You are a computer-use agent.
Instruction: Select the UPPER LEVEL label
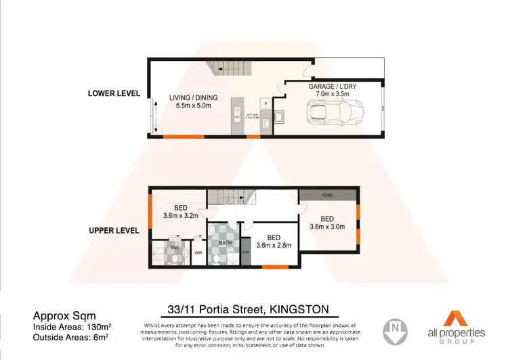[114, 231]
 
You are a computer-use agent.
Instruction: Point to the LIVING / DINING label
[190, 97]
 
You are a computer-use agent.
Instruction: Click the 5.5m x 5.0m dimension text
[190, 106]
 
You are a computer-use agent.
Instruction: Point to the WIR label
[198, 253]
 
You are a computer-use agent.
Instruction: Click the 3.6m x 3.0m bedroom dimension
[328, 226]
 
